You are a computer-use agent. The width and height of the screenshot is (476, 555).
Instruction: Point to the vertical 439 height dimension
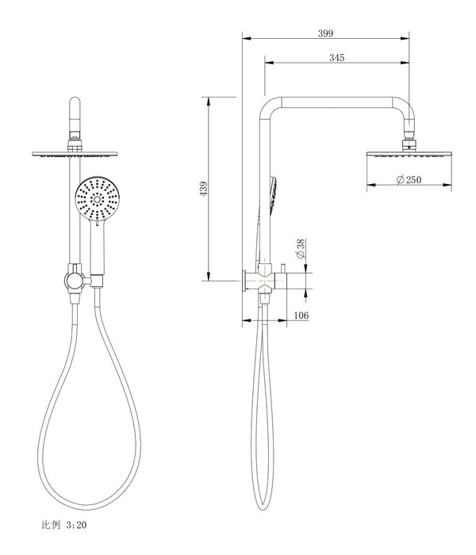pyautogui.click(x=203, y=189)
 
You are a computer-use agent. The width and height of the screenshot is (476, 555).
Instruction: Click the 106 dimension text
pyautogui.click(x=301, y=316)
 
